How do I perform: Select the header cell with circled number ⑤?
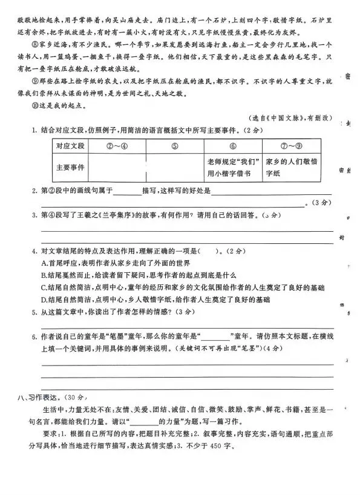[x=174, y=146]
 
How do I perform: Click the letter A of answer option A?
[x=44, y=263]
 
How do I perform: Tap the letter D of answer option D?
[x=44, y=300]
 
